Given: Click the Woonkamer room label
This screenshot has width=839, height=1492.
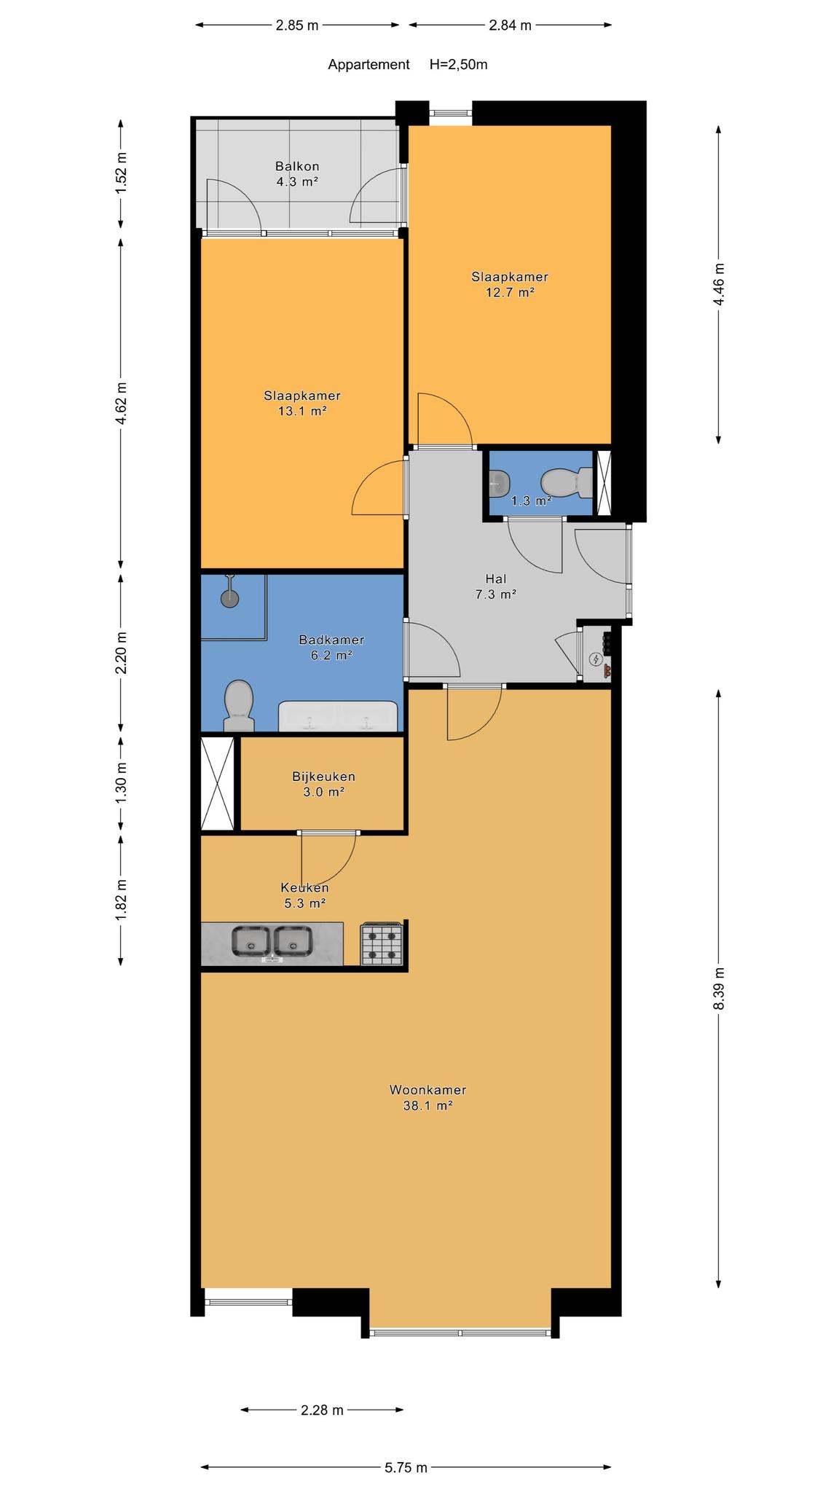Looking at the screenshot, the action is tap(428, 1090).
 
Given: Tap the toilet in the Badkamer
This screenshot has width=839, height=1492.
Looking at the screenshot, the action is tap(238, 705).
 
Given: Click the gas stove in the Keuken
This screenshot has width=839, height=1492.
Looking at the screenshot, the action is tap(382, 944).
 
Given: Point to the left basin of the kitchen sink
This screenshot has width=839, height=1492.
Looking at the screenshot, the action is tap(251, 941).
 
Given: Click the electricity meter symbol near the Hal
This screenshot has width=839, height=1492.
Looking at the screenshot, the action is tap(596, 660).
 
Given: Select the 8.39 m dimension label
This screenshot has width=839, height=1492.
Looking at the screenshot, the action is tap(719, 989).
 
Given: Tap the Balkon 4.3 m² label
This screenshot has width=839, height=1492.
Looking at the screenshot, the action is tap(297, 174).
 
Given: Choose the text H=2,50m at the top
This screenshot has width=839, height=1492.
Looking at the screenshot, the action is tap(459, 64).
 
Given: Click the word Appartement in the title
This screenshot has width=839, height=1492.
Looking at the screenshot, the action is tap(369, 64).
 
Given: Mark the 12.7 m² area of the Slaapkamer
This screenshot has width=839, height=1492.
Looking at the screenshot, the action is tap(510, 293).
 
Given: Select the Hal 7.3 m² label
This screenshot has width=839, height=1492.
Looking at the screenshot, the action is tap(496, 586).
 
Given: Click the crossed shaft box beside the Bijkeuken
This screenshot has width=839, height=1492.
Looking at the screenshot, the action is tap(217, 783).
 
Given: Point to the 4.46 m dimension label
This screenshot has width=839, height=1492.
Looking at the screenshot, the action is tap(719, 285).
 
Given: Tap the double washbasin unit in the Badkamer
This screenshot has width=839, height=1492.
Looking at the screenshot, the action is tap(339, 717).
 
